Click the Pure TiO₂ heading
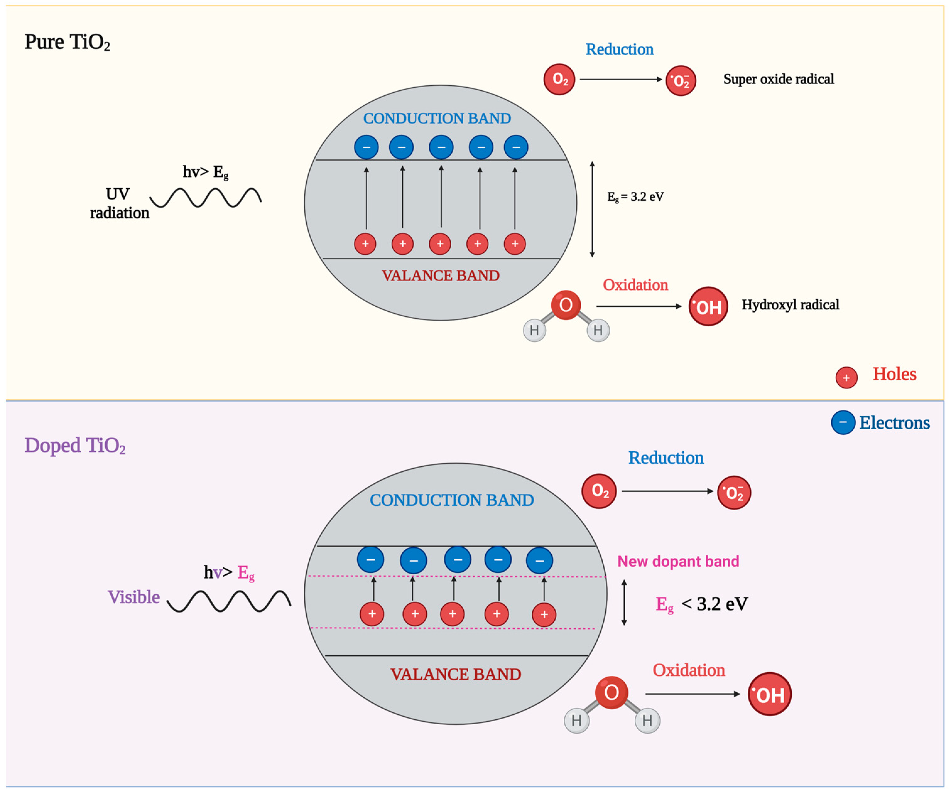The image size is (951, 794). tap(67, 42)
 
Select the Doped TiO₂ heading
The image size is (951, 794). tap(75, 446)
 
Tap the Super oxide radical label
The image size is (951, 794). tap(778, 79)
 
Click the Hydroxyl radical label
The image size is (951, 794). tap(790, 304)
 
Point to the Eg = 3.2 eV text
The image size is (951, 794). tap(635, 197)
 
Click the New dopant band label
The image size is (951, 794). tap(678, 561)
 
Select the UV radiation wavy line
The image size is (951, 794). tap(206, 198)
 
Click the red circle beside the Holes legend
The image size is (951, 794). tap(846, 377)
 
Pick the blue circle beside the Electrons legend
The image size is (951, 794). tap(843, 422)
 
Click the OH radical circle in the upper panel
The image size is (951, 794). tap(708, 307)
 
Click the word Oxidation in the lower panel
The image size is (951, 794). tap(688, 670)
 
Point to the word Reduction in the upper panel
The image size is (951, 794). tap(619, 49)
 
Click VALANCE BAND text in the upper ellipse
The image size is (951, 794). tap(440, 276)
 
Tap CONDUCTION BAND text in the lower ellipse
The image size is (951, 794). tap(452, 500)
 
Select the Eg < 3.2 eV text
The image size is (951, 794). tap(702, 604)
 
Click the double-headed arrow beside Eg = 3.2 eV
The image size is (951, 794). tap(592, 209)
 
